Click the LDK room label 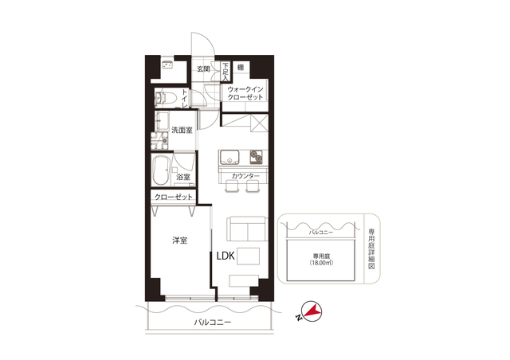226,256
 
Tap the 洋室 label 180,241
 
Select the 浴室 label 183,178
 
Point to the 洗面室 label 182,130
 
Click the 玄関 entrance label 204,69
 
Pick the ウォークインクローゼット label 245,93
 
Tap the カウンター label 245,176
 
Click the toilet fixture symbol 166,97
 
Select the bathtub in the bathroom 161,170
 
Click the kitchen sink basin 229,157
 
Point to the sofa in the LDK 247,229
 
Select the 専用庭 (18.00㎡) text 321,259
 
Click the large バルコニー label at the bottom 213,323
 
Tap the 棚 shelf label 241,68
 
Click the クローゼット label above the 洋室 174,197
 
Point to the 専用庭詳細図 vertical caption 371,248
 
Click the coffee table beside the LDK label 248,256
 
